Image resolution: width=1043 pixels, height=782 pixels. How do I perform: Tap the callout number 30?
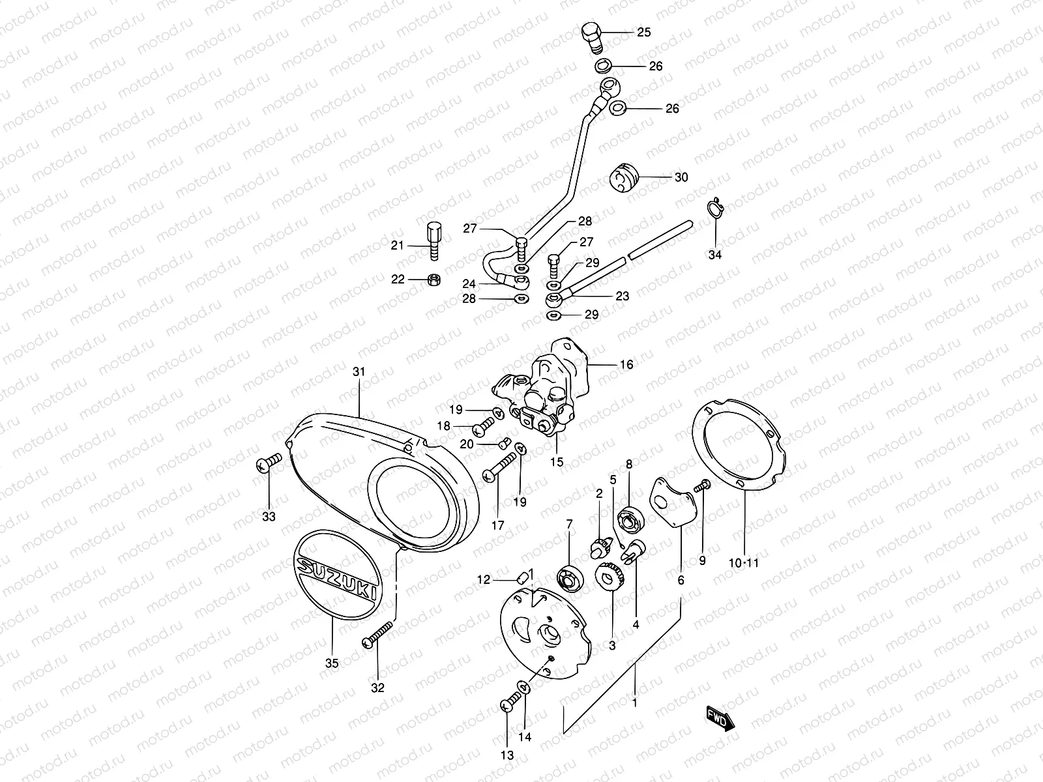681,177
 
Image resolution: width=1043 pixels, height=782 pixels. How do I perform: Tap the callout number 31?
359,372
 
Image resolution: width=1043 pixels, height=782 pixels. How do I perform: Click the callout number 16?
626,364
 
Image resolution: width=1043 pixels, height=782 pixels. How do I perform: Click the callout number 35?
331,664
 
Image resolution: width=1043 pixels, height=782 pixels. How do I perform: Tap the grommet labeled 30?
624,178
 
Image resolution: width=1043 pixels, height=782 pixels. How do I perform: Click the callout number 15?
557,462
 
